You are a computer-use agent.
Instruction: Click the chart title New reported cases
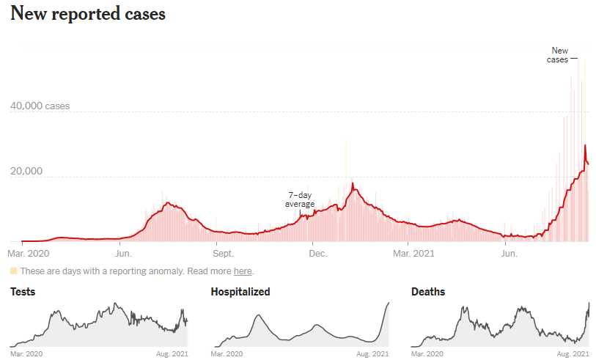click(88, 14)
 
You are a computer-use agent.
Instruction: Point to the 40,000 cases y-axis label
click(40, 106)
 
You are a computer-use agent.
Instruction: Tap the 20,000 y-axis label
click(26, 172)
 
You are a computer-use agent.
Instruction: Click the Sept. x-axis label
click(223, 254)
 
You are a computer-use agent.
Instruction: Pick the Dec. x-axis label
click(317, 254)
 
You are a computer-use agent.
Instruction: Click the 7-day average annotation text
click(300, 199)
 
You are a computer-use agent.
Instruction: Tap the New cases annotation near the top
click(559, 55)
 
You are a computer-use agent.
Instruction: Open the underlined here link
click(243, 271)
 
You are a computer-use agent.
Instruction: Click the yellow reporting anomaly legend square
click(13, 271)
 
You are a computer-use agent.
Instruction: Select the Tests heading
click(23, 292)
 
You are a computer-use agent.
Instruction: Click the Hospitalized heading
click(240, 292)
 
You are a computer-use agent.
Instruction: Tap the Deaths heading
click(428, 292)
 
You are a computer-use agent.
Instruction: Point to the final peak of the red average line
click(585, 146)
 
